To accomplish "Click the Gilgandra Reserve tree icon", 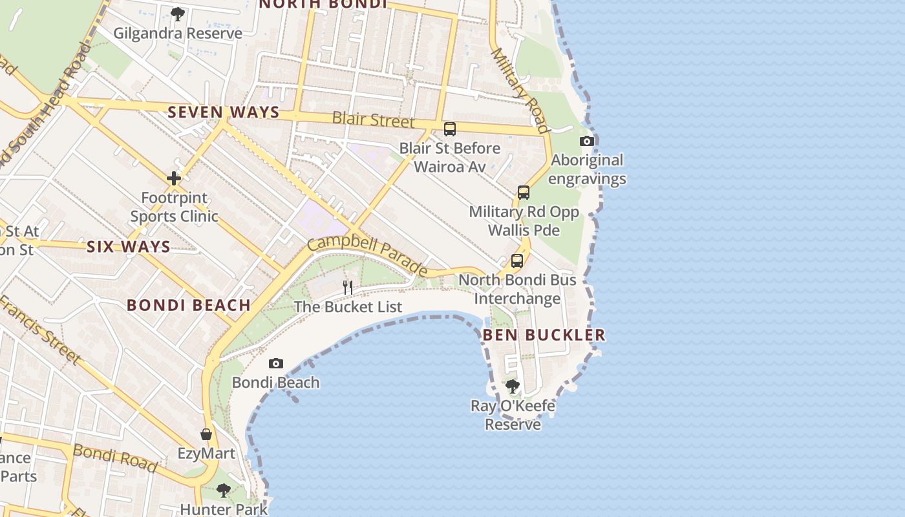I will pos(178,14).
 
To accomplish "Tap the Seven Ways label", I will pos(224,112).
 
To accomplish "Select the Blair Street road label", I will pos(374,120).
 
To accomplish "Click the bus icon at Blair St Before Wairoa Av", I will pos(450,129).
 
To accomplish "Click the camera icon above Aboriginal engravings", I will pos(587,141).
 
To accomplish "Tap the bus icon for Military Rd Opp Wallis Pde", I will pos(524,193).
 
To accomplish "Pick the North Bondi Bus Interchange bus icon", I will pos(517,261).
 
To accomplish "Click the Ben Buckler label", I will pos(544,335).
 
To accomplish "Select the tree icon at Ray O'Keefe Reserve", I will pos(513,386).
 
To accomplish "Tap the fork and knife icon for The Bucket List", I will pos(348,287).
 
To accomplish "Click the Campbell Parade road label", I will pos(367,255).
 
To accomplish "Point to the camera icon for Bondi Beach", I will pos(276,363).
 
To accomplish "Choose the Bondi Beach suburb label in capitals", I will pos(189,305).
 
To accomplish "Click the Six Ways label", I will pos(129,246).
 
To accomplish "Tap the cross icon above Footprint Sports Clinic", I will pos(173,178).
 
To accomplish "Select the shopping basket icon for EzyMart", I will pos(206,434).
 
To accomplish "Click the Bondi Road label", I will pos(115,458).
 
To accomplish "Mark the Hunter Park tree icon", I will pos(224,491).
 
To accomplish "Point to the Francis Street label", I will pos(41,330).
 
